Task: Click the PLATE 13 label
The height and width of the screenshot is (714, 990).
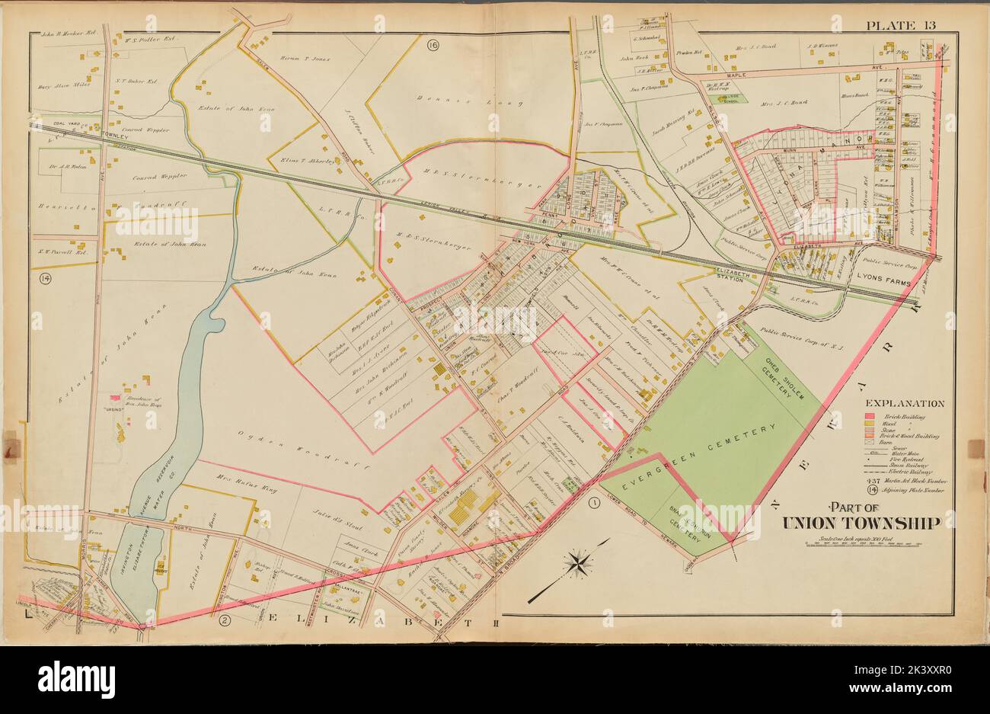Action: click(x=901, y=25)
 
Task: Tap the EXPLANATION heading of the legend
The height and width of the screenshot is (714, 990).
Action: click(x=905, y=404)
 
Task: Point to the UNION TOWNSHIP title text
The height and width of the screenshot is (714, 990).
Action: click(x=861, y=522)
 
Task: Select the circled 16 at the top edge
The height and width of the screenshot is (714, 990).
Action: click(x=433, y=45)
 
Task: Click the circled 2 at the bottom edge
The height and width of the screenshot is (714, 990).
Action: click(x=224, y=620)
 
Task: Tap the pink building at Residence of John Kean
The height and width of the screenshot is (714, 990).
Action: click(x=114, y=398)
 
